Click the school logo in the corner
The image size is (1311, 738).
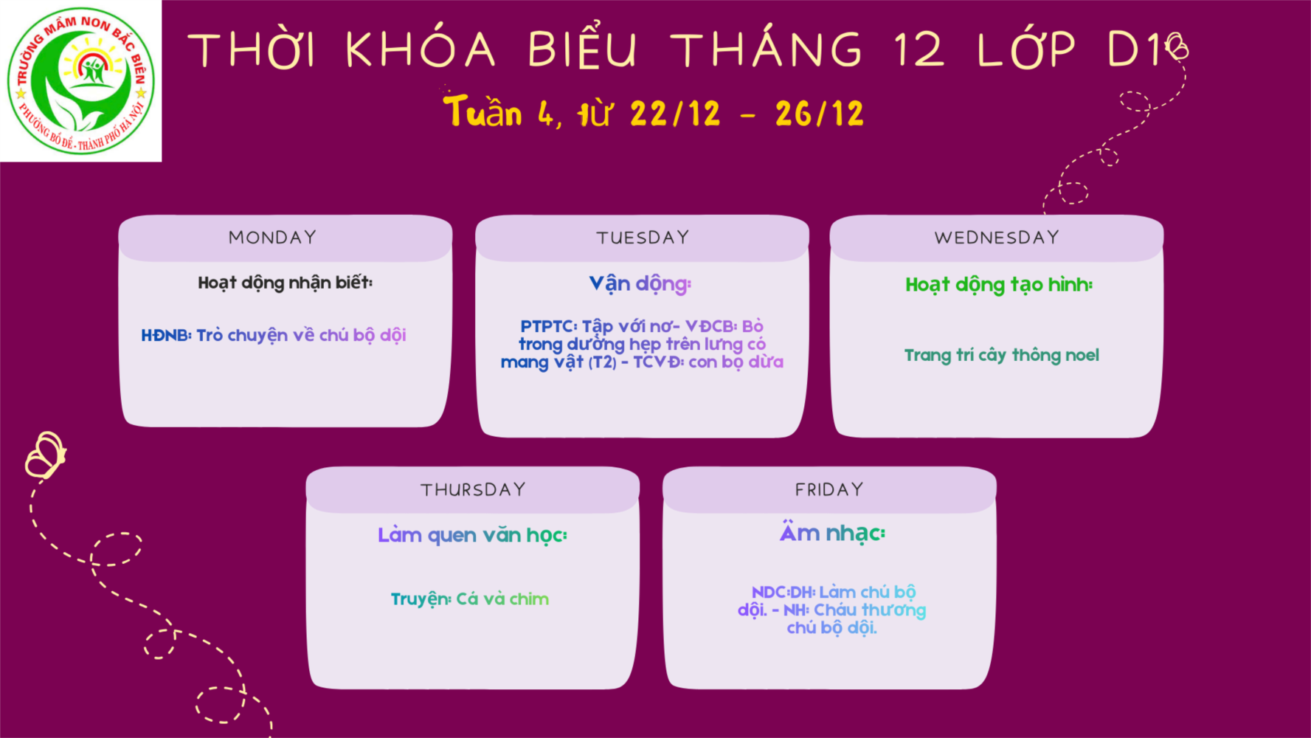point(81,80)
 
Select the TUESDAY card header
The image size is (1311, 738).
point(643,238)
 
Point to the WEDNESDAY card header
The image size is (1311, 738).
point(997,238)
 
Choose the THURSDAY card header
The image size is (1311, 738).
point(473,490)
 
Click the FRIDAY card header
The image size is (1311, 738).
point(829,490)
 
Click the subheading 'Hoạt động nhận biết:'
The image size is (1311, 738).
point(286,283)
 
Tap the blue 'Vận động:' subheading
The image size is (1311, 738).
point(640,284)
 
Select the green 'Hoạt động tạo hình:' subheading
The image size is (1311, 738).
point(999,286)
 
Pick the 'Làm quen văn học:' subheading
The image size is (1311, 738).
point(472,536)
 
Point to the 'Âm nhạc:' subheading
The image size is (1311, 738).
point(832,532)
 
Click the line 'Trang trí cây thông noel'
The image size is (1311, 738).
point(1002,356)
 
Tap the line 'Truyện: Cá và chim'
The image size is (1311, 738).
point(470,599)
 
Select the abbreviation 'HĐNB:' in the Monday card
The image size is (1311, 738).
point(166,335)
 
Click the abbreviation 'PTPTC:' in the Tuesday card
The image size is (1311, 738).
point(549,326)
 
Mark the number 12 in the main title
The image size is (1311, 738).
point(919,49)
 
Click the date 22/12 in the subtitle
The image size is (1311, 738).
point(675,114)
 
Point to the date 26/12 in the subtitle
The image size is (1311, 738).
point(819,114)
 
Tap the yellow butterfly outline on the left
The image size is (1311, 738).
point(45,455)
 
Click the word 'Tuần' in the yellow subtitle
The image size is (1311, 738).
point(483,111)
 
